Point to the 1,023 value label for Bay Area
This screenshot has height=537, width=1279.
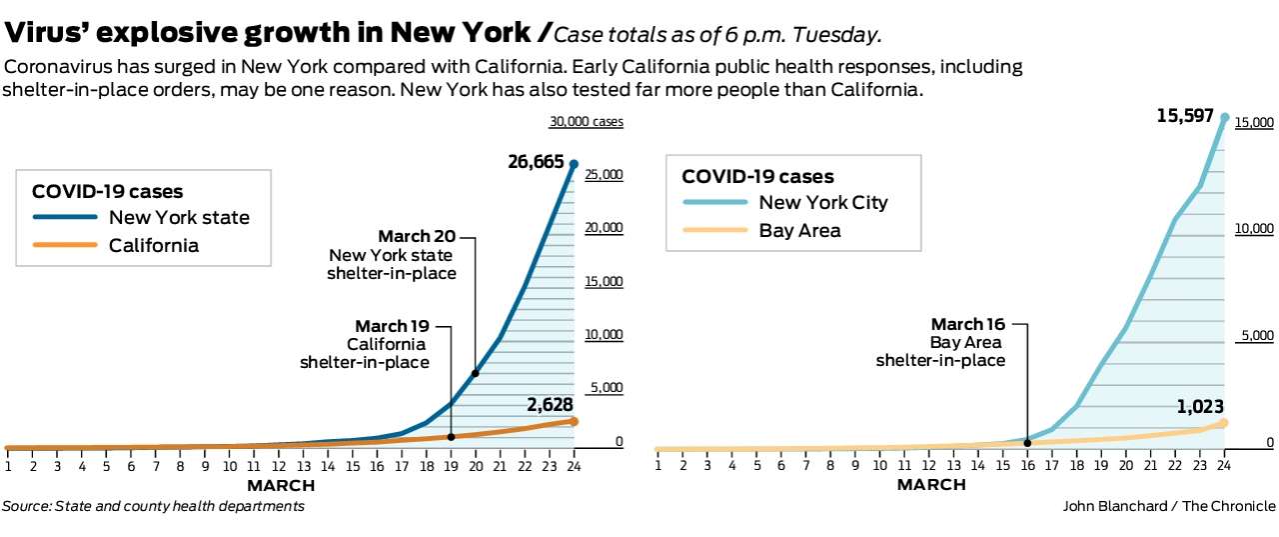click(x=1198, y=406)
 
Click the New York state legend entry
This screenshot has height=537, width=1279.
click(x=179, y=217)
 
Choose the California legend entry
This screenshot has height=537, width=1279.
click(x=153, y=245)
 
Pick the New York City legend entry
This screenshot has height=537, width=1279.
click(x=822, y=202)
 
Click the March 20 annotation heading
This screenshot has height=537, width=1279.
click(x=417, y=237)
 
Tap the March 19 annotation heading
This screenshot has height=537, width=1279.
click(x=392, y=326)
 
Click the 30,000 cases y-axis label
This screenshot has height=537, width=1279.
click(x=586, y=122)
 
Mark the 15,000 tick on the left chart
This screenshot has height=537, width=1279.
click(x=604, y=281)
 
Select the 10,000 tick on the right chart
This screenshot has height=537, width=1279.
click(x=1255, y=229)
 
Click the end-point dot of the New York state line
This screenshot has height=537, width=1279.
click(x=574, y=162)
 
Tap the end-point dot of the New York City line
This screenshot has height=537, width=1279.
click(x=1223, y=117)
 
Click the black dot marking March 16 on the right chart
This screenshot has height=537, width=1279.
click(x=1027, y=442)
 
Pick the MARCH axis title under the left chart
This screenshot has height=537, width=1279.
click(x=281, y=486)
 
